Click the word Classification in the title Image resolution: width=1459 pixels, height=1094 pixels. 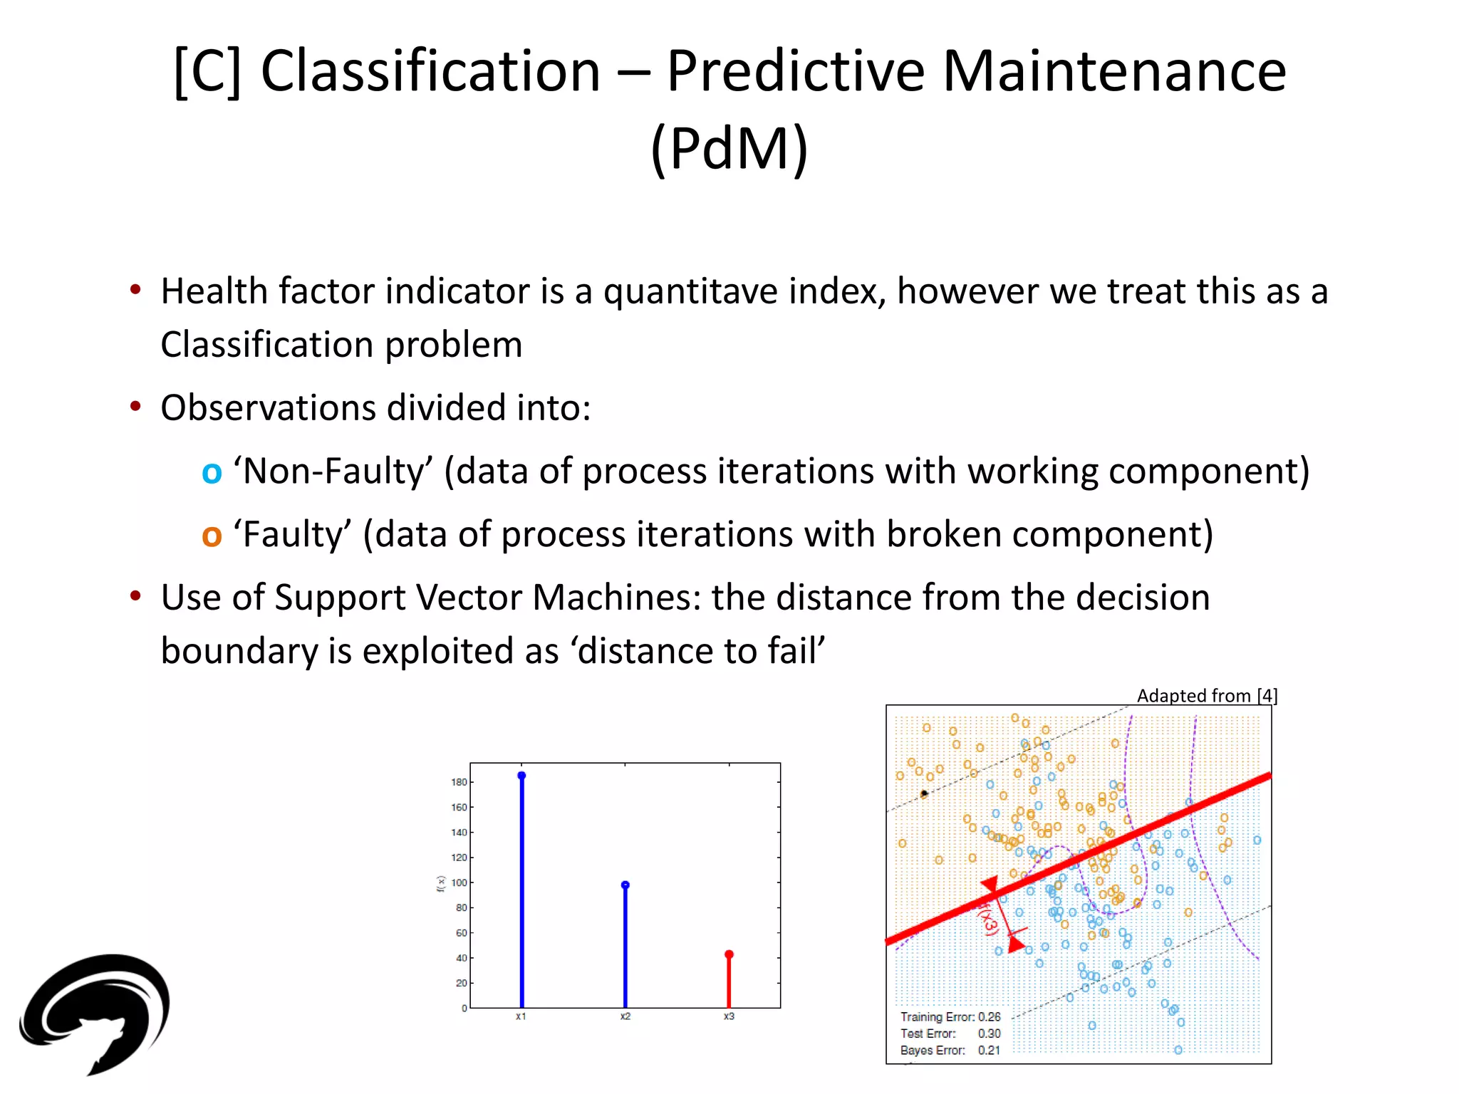tap(431, 71)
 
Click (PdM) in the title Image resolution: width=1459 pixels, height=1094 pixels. tap(729, 148)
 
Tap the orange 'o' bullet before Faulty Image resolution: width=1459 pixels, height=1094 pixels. tap(212, 536)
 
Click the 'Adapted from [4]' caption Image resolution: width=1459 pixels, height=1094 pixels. tap(1207, 695)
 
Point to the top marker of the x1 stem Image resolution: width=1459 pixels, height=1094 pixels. tap(521, 775)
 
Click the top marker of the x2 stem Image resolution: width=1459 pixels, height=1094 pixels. tap(625, 885)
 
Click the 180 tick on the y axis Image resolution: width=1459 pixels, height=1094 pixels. tap(459, 782)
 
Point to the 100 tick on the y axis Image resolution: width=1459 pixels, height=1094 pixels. tap(459, 882)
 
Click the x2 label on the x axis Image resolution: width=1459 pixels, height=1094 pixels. tap(625, 1016)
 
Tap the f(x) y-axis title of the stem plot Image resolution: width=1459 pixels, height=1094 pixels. tap(441, 884)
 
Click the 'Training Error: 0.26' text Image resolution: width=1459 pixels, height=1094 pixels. tap(950, 1017)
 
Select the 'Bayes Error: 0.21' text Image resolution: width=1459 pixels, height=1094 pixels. tap(950, 1051)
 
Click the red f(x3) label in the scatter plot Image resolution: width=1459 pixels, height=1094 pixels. tap(988, 918)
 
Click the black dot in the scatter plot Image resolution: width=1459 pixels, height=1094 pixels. tap(924, 793)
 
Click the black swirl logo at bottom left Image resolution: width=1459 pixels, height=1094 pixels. tap(96, 1011)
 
